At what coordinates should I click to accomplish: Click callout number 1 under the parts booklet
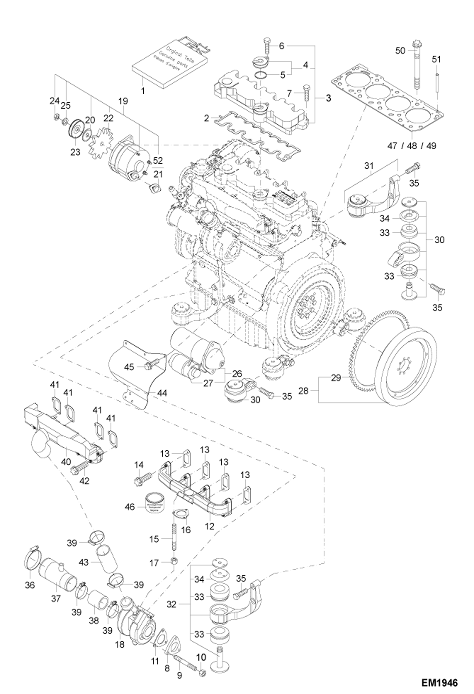143,91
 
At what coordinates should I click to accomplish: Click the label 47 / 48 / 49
412,146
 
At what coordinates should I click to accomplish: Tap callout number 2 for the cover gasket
206,119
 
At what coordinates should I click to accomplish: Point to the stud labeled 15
174,537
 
